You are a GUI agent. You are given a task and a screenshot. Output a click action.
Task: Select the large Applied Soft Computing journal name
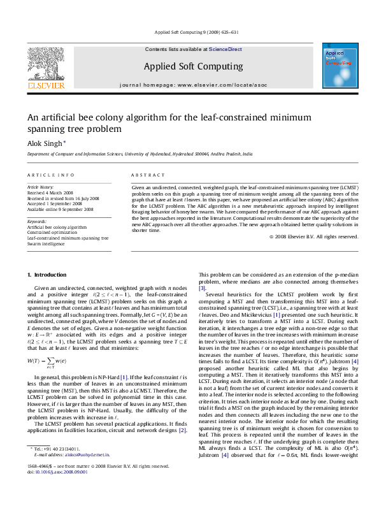click(193, 66)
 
